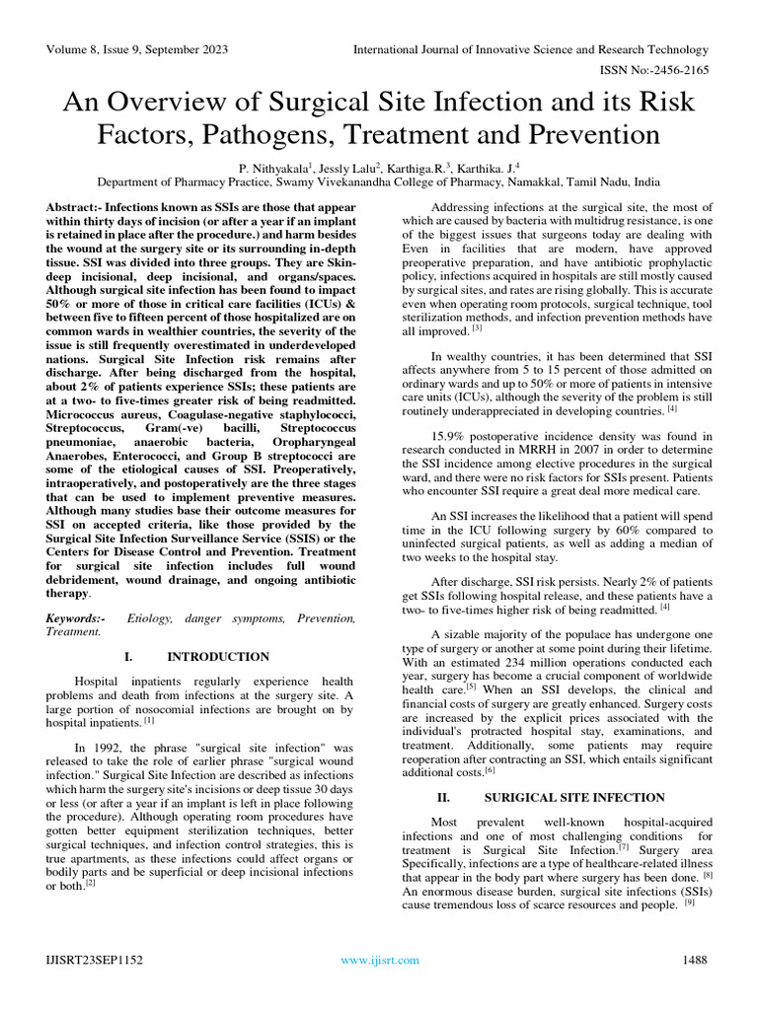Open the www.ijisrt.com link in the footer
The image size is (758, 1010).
pyautogui.click(x=379, y=960)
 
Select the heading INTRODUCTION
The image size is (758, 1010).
pyautogui.click(x=218, y=657)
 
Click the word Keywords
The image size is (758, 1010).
pyautogui.click(x=73, y=618)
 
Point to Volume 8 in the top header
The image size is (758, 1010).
pyautogui.click(x=71, y=50)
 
